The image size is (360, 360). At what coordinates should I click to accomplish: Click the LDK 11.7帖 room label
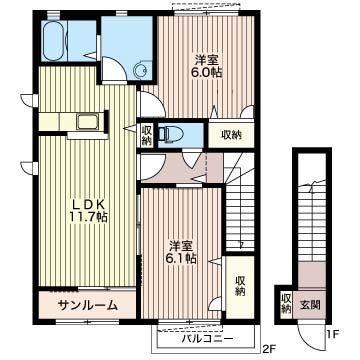88,211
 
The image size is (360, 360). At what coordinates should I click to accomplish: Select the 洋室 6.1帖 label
182,252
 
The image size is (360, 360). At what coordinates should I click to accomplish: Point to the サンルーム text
88,305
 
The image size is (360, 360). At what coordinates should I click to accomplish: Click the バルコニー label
207,339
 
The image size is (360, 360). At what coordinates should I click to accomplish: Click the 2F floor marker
269,349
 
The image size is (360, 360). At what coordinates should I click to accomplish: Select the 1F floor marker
333,333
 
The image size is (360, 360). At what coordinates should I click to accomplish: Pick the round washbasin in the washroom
140,70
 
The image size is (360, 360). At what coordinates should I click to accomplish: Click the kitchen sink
87,121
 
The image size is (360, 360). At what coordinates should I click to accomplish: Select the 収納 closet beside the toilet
146,135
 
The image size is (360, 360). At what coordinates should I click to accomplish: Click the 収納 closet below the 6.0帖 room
231,135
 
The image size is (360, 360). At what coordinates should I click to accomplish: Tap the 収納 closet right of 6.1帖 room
240,286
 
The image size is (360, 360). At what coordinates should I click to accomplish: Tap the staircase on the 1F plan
312,223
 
